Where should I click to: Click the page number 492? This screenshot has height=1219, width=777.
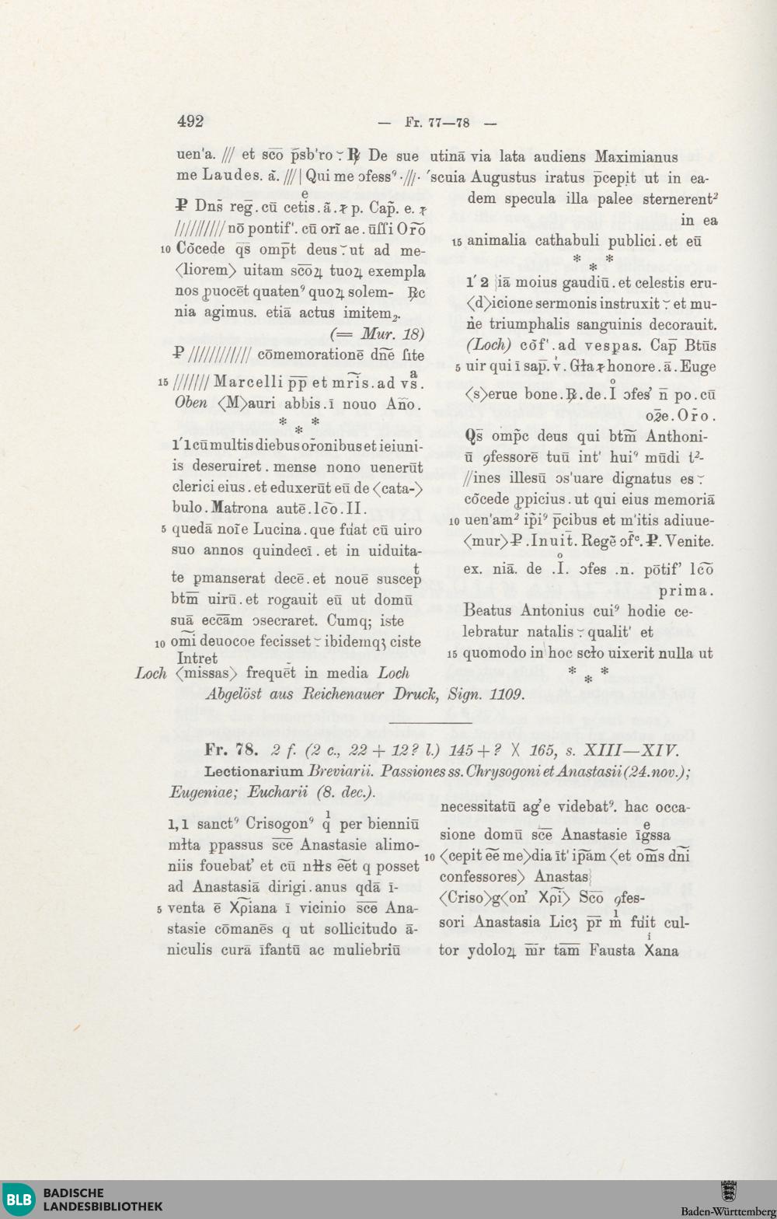[x=190, y=121]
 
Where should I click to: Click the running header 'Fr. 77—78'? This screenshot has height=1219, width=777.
[x=437, y=123]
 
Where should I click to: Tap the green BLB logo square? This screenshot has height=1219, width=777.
[x=19, y=1200]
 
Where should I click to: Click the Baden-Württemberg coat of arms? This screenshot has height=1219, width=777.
[x=728, y=1192]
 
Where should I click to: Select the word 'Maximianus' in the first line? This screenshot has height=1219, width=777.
[x=636, y=156]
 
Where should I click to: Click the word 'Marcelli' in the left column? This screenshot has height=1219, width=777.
[x=248, y=382]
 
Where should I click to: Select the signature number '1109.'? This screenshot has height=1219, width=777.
[x=507, y=694]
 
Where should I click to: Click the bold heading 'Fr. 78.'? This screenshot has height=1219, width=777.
[x=231, y=750]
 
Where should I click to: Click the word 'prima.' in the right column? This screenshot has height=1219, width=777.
[x=686, y=591]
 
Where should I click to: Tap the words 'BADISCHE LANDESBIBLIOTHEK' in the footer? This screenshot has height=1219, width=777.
[x=103, y=1200]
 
